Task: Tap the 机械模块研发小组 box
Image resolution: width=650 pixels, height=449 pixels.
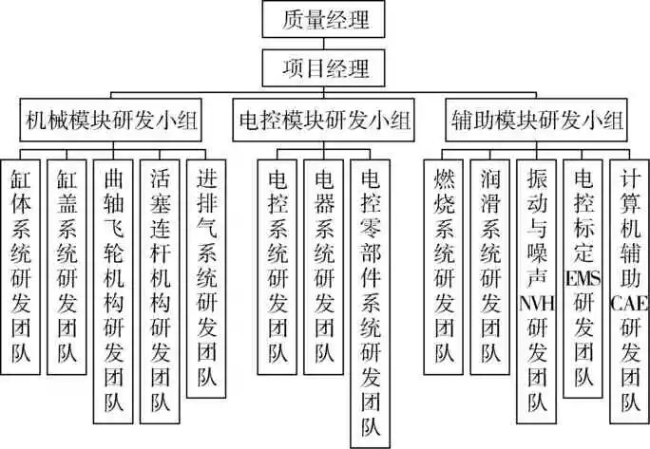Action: [x=112, y=121]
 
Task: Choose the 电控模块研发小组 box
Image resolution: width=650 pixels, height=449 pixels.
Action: [x=323, y=121]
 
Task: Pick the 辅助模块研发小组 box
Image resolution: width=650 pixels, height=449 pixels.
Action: [x=536, y=121]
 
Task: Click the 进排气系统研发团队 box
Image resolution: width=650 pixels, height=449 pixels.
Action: [x=205, y=276]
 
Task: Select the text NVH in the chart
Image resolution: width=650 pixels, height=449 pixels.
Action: [x=536, y=304]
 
